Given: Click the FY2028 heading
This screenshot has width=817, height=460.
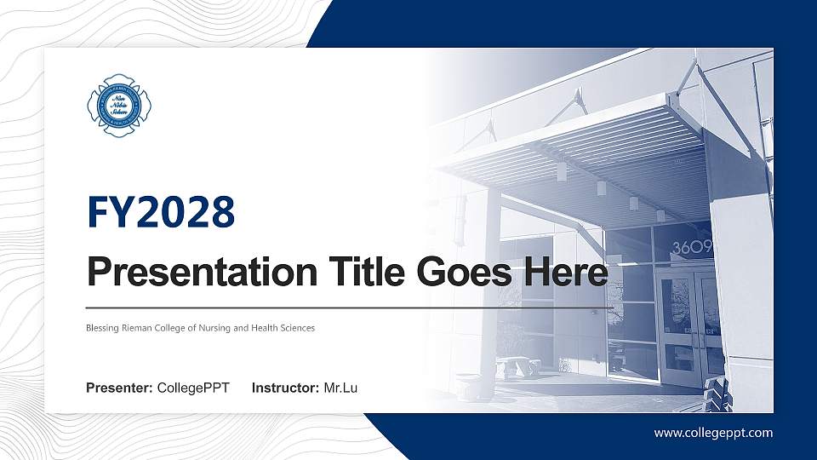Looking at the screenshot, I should click(x=161, y=212).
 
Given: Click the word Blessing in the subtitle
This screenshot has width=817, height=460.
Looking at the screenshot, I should click(x=102, y=328).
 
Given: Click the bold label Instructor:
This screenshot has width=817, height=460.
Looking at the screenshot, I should click(x=287, y=389).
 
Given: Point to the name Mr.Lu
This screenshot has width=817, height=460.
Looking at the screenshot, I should click(x=340, y=389).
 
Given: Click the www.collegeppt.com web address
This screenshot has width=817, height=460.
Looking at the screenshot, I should click(x=713, y=433).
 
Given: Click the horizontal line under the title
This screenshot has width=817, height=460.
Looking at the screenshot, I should click(x=349, y=307).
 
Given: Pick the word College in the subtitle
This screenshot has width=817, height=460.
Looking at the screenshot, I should click(x=179, y=328).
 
